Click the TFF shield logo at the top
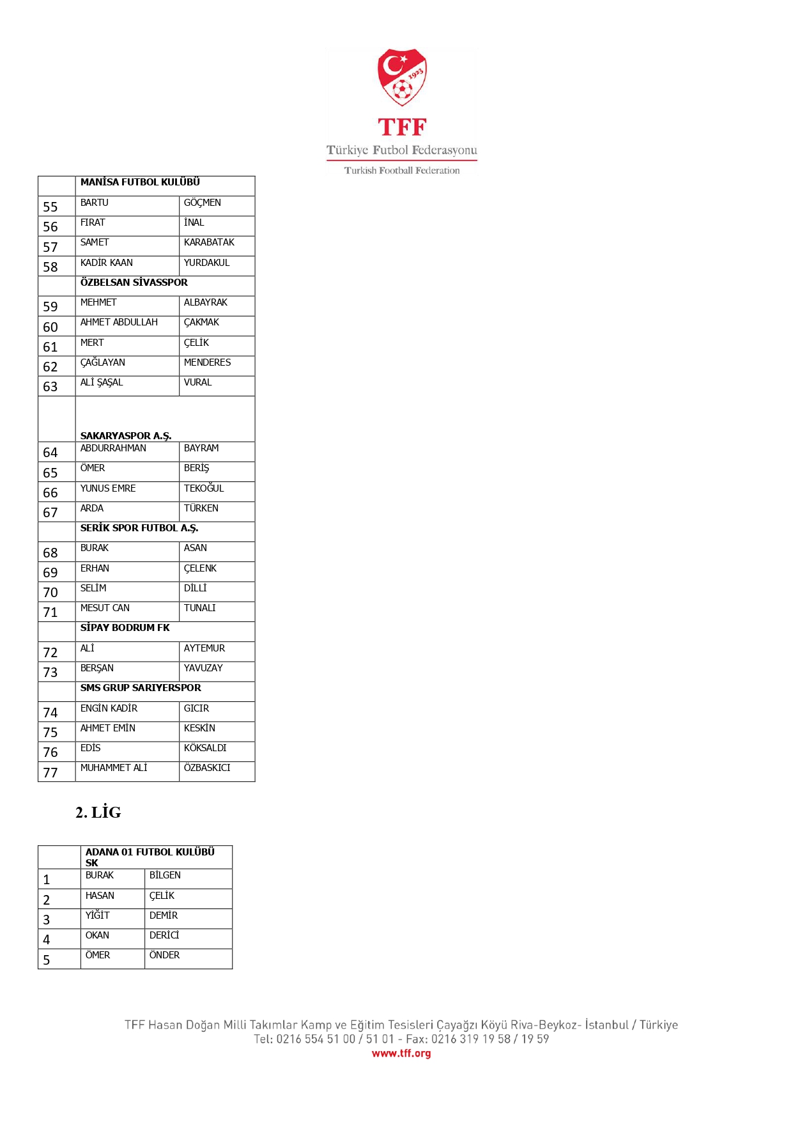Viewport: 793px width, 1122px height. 402,77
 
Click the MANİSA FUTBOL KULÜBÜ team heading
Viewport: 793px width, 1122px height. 140,182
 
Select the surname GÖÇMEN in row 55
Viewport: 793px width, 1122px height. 203,203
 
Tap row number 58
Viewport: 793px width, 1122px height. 50,267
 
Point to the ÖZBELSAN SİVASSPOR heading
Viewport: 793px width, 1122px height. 134,283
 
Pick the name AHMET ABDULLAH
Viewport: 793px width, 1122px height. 119,322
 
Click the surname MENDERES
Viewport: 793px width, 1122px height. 207,362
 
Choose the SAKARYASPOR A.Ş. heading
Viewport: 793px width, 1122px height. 126,436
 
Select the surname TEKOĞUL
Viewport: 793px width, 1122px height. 204,488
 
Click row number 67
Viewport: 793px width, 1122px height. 50,513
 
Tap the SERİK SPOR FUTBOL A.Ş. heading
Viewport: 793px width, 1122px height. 139,528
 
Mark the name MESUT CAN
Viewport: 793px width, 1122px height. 105,608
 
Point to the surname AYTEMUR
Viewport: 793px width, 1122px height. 204,648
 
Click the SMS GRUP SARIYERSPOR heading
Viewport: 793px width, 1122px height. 141,688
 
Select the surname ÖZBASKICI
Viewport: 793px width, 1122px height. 207,768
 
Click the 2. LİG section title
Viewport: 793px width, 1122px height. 98,813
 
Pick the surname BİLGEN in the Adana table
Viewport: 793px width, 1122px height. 165,875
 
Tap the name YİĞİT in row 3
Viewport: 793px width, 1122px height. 98,916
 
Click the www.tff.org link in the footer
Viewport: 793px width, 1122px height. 401,1054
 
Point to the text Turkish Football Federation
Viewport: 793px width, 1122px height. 402,171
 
